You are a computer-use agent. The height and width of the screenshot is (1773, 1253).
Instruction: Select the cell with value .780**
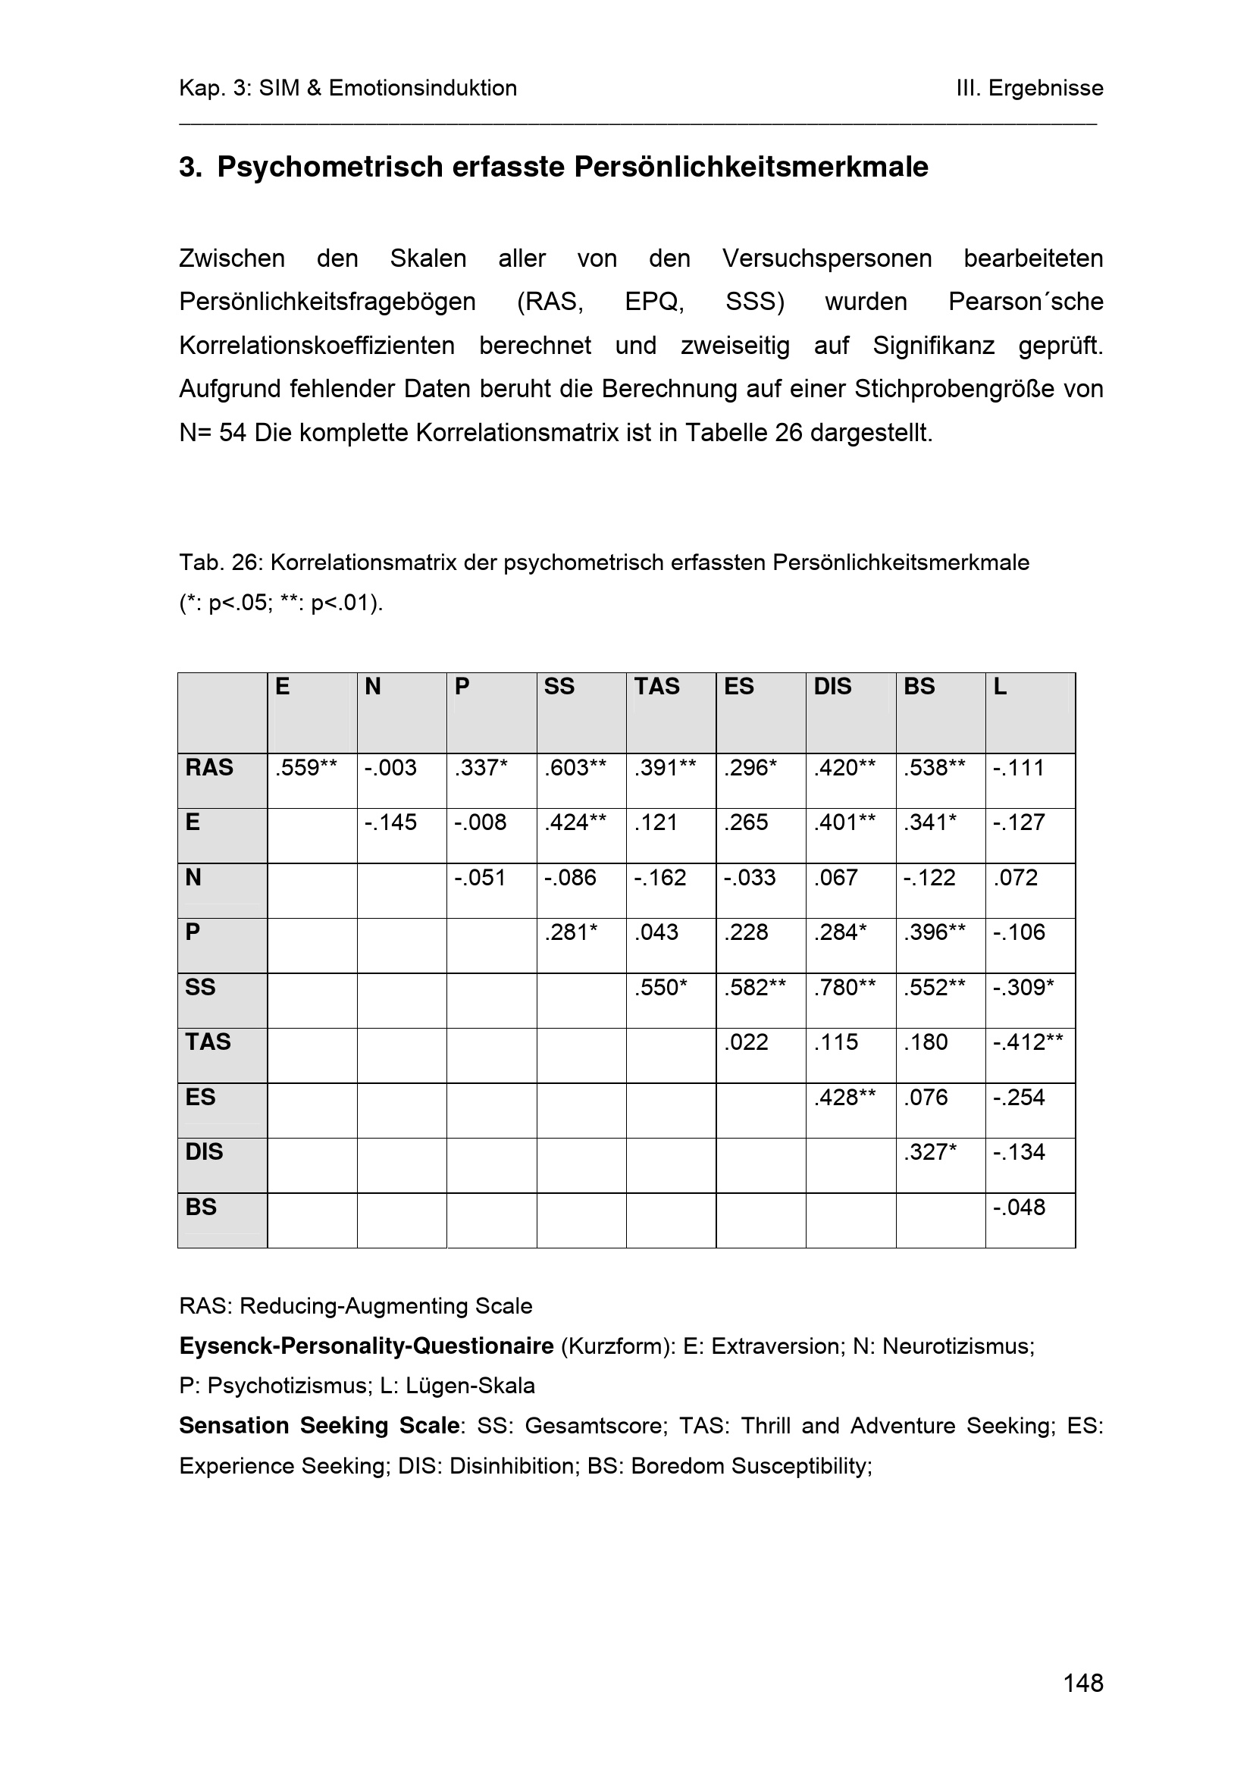[844, 988]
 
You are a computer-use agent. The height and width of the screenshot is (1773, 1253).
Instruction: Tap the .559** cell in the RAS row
[305, 768]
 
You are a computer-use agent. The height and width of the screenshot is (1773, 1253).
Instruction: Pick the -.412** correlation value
[1028, 1042]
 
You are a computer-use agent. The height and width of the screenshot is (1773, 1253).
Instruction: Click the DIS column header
[832, 687]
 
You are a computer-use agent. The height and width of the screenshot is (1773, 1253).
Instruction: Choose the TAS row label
[208, 1042]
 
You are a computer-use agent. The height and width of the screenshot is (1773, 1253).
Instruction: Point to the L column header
[1000, 687]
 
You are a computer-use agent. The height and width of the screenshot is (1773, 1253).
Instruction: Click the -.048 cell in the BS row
[1018, 1207]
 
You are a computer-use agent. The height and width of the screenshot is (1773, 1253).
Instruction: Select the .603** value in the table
[575, 768]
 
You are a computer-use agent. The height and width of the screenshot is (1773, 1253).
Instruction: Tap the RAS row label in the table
[209, 768]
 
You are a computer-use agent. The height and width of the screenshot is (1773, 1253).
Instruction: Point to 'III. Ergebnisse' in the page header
[1029, 88]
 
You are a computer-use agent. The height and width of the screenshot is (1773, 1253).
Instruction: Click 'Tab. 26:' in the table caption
[221, 562]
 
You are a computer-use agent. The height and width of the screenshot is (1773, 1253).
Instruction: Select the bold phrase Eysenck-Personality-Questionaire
[366, 1346]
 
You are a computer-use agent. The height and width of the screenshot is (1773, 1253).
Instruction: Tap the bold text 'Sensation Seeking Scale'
[319, 1426]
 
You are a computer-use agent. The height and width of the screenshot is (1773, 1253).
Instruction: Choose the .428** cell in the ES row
[844, 1098]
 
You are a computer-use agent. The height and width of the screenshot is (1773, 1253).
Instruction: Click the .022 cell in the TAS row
[746, 1042]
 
